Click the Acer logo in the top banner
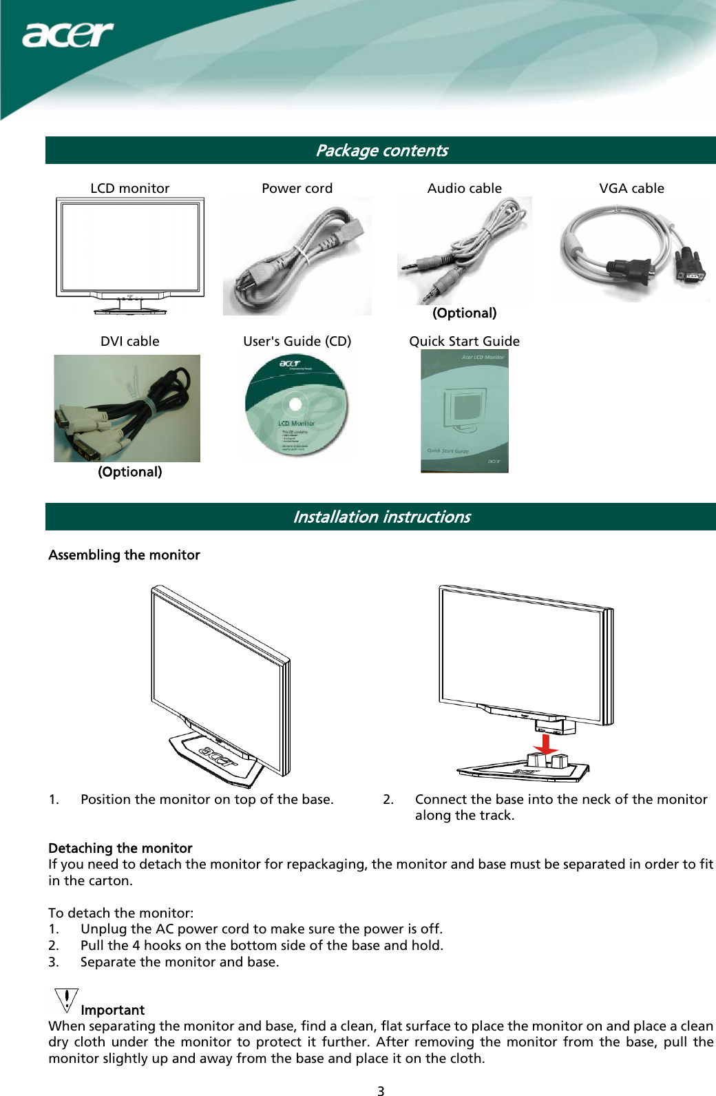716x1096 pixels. pos(67,34)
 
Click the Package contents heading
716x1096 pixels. pos(381,150)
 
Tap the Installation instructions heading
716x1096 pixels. pos(381,517)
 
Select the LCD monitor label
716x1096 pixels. pos(129,188)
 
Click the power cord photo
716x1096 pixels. pos(297,257)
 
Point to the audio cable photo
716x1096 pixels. pos(464,250)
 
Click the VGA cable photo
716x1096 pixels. pos(632,251)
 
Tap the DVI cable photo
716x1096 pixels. pos(127,409)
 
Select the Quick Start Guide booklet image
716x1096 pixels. pos(464,411)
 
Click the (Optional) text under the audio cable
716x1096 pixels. pos(464,313)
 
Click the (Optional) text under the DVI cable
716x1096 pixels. pos(129,472)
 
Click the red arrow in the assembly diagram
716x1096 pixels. pos(545,745)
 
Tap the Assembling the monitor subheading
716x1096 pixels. pos(124,555)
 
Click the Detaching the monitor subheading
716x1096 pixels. pos(120,848)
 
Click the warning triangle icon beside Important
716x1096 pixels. pos(65,1001)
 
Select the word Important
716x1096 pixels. pos(112,1010)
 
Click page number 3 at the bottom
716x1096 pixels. pos(381,1090)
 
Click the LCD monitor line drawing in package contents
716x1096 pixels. pos(129,256)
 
